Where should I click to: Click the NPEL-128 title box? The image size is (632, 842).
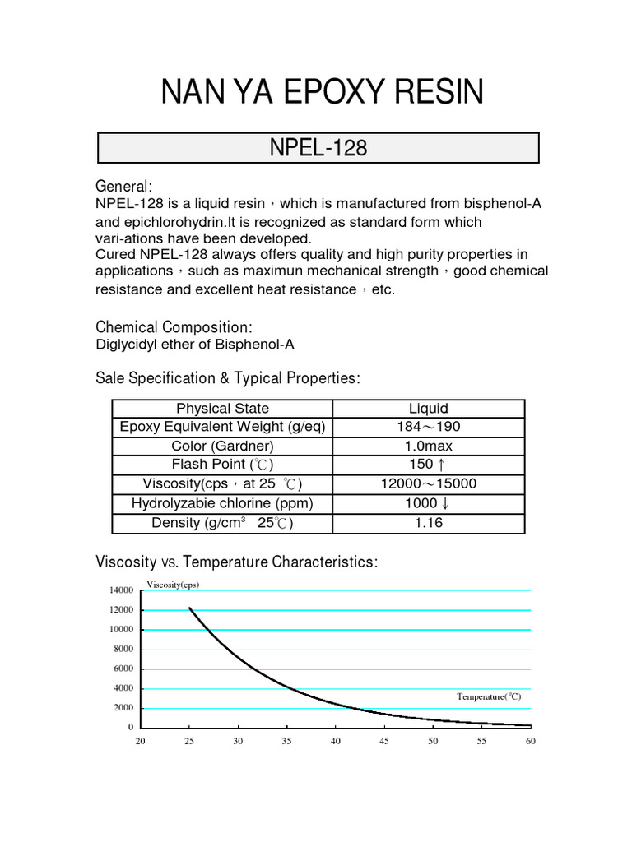(318, 148)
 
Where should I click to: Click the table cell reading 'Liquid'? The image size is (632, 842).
(428, 409)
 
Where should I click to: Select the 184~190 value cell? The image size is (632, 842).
(428, 428)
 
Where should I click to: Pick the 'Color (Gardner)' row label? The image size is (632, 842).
(222, 446)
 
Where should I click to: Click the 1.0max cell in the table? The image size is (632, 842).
(428, 446)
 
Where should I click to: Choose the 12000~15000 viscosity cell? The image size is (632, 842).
(428, 484)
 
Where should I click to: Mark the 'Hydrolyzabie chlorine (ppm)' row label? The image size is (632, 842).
(222, 503)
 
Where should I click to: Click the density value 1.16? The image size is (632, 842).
(428, 523)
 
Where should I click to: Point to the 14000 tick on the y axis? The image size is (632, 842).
(120, 590)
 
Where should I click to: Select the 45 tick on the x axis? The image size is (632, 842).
(384, 742)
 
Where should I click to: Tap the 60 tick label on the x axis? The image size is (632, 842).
(531, 742)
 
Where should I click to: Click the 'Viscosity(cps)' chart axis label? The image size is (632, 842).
(173, 585)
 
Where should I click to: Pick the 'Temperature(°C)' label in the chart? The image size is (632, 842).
(489, 696)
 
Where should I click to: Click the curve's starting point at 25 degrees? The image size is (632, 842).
(190, 608)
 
